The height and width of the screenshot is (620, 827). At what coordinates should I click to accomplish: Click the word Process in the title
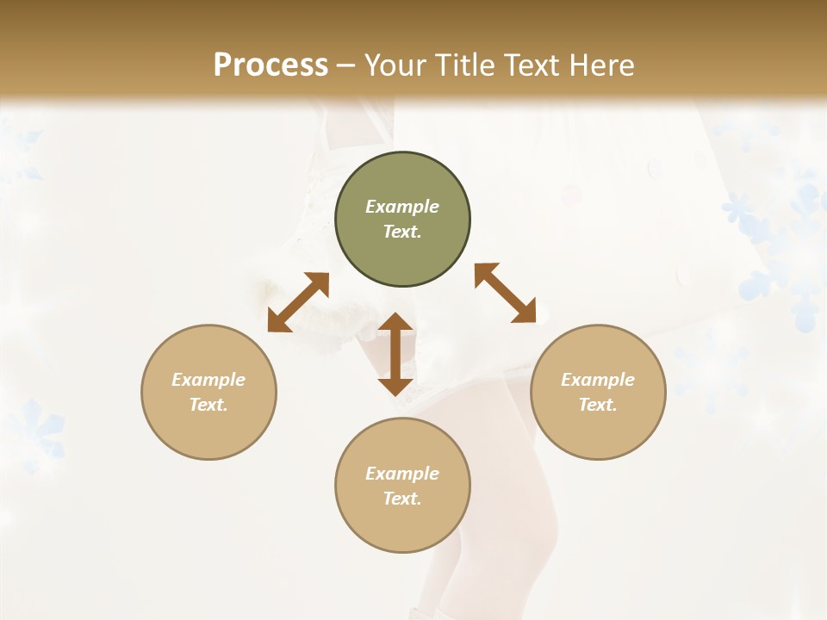coord(270,65)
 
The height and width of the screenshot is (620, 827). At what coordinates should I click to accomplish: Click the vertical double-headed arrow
coord(395,354)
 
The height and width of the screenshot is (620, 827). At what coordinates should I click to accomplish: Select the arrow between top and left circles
coord(298,302)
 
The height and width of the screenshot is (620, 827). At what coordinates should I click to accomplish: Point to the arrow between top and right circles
coord(506,293)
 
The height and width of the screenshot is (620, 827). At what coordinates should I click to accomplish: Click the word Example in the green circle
coord(402,207)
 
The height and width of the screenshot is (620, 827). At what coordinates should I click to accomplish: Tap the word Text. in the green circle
coord(402,232)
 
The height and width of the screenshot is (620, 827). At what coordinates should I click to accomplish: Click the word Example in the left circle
coord(208,380)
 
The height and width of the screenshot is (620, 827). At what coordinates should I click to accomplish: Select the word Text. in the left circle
coord(208,405)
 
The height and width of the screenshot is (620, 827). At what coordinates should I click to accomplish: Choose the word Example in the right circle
coord(598,380)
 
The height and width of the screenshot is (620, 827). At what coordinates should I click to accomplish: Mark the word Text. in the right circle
coord(598,405)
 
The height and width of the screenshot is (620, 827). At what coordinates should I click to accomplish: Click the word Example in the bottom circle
coord(402,474)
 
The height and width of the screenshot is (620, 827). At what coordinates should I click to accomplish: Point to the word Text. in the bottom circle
coord(402,499)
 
